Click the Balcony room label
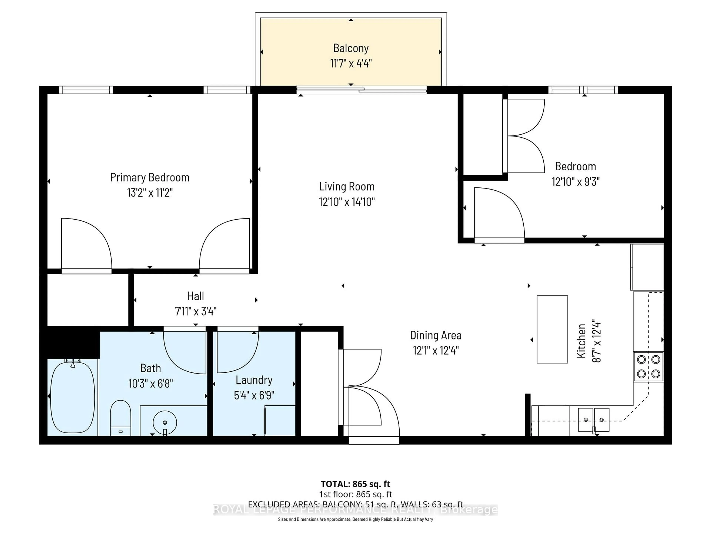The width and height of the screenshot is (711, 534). [351, 48]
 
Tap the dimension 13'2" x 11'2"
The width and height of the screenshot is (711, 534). [150, 192]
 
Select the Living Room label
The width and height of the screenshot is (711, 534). [346, 186]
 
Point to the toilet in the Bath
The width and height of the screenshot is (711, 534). [121, 418]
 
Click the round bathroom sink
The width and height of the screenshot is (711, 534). [165, 422]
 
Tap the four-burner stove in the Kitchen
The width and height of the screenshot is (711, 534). [648, 366]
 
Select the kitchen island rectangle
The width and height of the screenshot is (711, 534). [552, 329]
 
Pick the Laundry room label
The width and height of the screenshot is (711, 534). [254, 380]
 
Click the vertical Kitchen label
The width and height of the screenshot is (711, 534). [581, 341]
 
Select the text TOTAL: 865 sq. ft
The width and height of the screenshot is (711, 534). [355, 484]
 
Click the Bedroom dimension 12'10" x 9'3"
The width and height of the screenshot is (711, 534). [575, 182]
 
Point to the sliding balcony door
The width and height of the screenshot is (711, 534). [362, 90]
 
